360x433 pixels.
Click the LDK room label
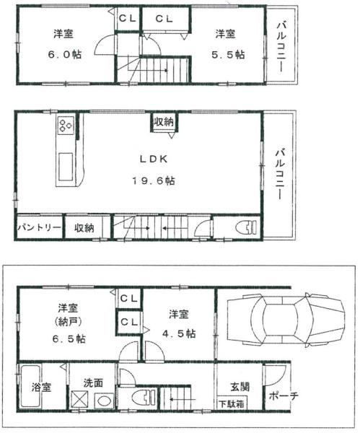click(154, 159)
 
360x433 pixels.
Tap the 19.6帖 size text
click(154, 181)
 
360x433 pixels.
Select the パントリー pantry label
click(39, 228)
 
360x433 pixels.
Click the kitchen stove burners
click(66, 125)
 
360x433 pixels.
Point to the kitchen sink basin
click(66, 167)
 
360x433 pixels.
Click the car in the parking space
click(286, 319)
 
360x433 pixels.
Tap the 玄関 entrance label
click(240, 387)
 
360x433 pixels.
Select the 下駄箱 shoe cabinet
click(232, 404)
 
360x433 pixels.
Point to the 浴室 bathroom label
click(41, 387)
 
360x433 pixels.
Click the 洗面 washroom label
click(93, 382)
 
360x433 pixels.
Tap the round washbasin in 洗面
click(104, 401)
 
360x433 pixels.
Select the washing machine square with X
click(79, 400)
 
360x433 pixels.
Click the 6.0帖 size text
click(65, 54)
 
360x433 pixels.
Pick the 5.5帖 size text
click(228, 54)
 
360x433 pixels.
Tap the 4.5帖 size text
click(179, 333)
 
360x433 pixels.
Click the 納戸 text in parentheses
click(68, 322)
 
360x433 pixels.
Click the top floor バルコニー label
click(281, 47)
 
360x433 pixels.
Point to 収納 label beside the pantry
click(84, 228)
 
